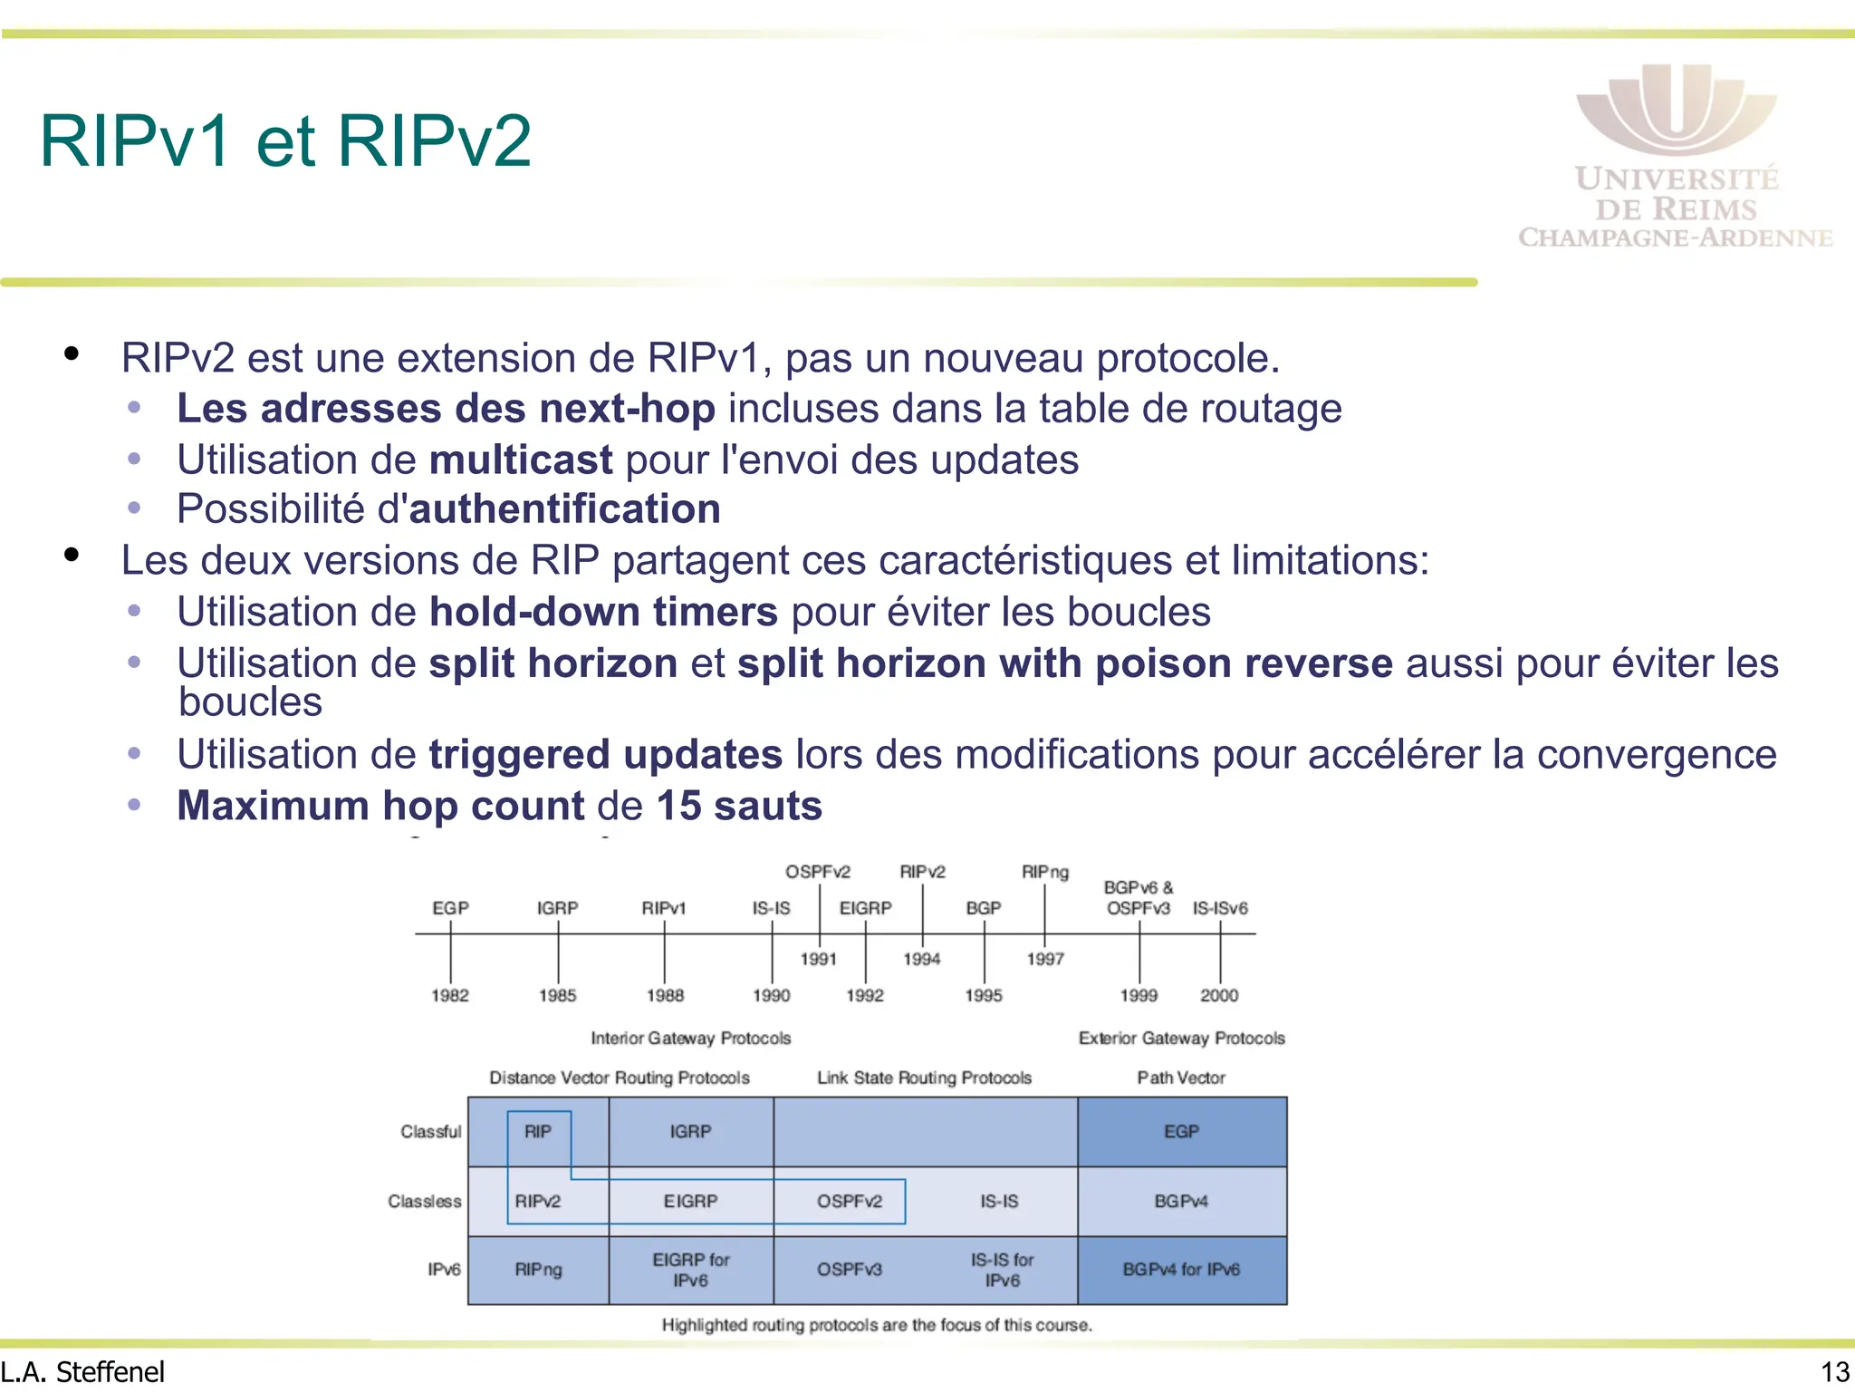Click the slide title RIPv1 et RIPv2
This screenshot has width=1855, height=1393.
[x=285, y=141]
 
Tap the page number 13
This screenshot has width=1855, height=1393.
[x=1835, y=1372]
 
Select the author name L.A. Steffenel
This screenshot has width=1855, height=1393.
[x=83, y=1372]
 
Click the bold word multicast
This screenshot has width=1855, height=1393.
[x=521, y=459]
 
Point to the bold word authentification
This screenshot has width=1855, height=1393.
[x=565, y=509]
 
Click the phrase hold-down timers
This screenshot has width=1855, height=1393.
[x=603, y=612]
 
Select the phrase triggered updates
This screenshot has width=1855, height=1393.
[x=605, y=754]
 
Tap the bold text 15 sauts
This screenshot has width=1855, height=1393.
[x=739, y=806]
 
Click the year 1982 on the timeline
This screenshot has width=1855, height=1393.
[x=450, y=995]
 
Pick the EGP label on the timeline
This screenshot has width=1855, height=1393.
[x=450, y=908]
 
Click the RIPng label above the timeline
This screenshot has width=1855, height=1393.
[x=1044, y=872]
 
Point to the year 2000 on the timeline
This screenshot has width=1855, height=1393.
[x=1219, y=995]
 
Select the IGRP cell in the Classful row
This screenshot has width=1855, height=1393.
[x=690, y=1132]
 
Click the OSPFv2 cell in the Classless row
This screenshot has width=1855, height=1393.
[x=849, y=1202]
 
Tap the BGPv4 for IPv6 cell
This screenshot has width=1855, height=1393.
[x=1181, y=1270]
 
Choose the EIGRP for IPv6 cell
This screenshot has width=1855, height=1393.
[x=690, y=1270]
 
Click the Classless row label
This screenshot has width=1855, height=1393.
[x=424, y=1202]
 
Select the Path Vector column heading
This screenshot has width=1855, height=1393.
[x=1181, y=1078]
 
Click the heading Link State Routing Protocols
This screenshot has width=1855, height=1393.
[x=924, y=1078]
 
